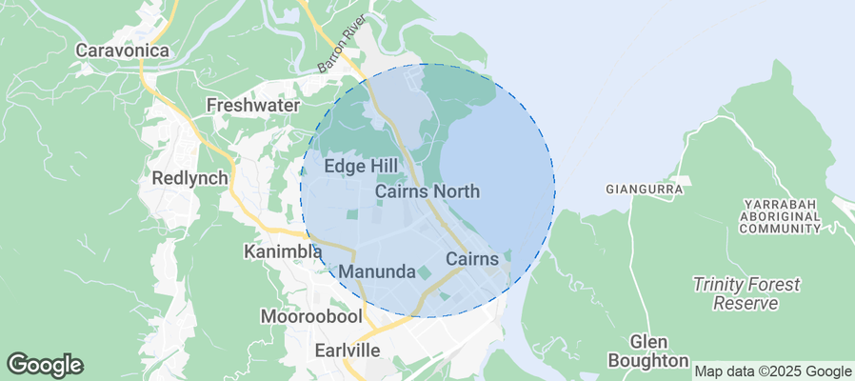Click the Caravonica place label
122,50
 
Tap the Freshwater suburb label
253,105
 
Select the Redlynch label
190,178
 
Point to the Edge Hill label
362,167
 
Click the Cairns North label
427,191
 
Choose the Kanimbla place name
283,252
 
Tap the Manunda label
377,272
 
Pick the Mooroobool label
307,315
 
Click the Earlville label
347,351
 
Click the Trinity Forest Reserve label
746,293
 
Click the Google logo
45,364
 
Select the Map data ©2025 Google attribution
772,371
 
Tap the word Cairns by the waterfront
472,259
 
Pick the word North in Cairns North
456,191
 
